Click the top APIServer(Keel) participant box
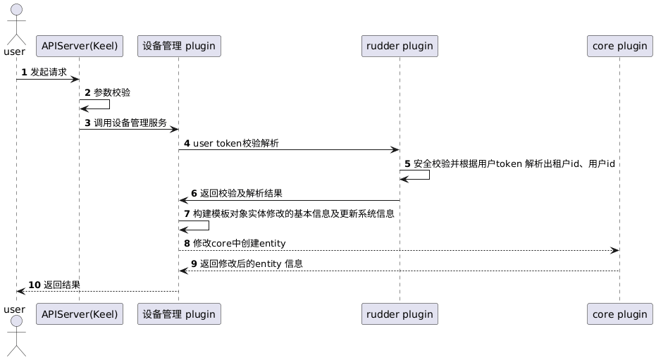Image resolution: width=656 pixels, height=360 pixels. tap(79, 46)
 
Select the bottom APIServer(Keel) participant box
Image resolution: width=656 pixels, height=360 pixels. tap(79, 314)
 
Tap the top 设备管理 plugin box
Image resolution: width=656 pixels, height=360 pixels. tap(179, 46)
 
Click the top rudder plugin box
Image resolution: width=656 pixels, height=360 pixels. tap(400, 46)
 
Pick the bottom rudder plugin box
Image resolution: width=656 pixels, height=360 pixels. tap(400, 314)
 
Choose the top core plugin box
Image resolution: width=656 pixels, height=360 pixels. tap(619, 46)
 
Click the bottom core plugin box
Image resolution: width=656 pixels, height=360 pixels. tap(619, 314)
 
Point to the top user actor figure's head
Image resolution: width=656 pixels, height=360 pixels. tap(16, 9)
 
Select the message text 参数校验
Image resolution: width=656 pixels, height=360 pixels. tap(111, 92)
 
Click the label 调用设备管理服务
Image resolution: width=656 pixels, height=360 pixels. tap(130, 123)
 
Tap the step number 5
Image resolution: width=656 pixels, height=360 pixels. tap(407, 163)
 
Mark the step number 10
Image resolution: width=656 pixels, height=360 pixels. tap(35, 285)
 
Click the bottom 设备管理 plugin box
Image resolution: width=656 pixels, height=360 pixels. tap(179, 314)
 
